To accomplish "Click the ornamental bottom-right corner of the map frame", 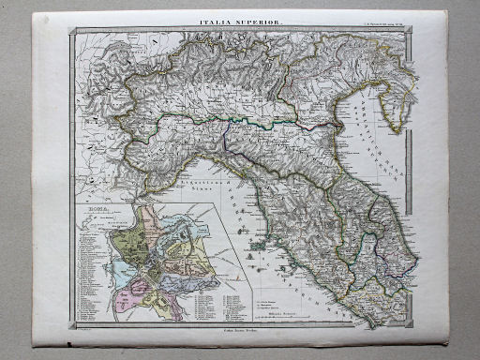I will pyautogui.click(x=410, y=323).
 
